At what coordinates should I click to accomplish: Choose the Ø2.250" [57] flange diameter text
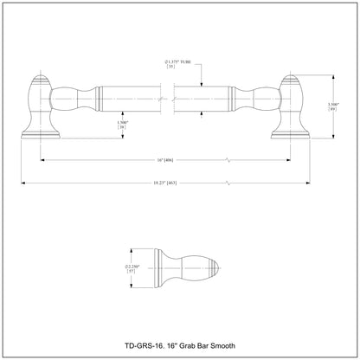[x=132, y=267]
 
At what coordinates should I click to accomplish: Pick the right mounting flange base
[x=292, y=134]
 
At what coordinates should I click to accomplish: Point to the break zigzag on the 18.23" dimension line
[x=228, y=183]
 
